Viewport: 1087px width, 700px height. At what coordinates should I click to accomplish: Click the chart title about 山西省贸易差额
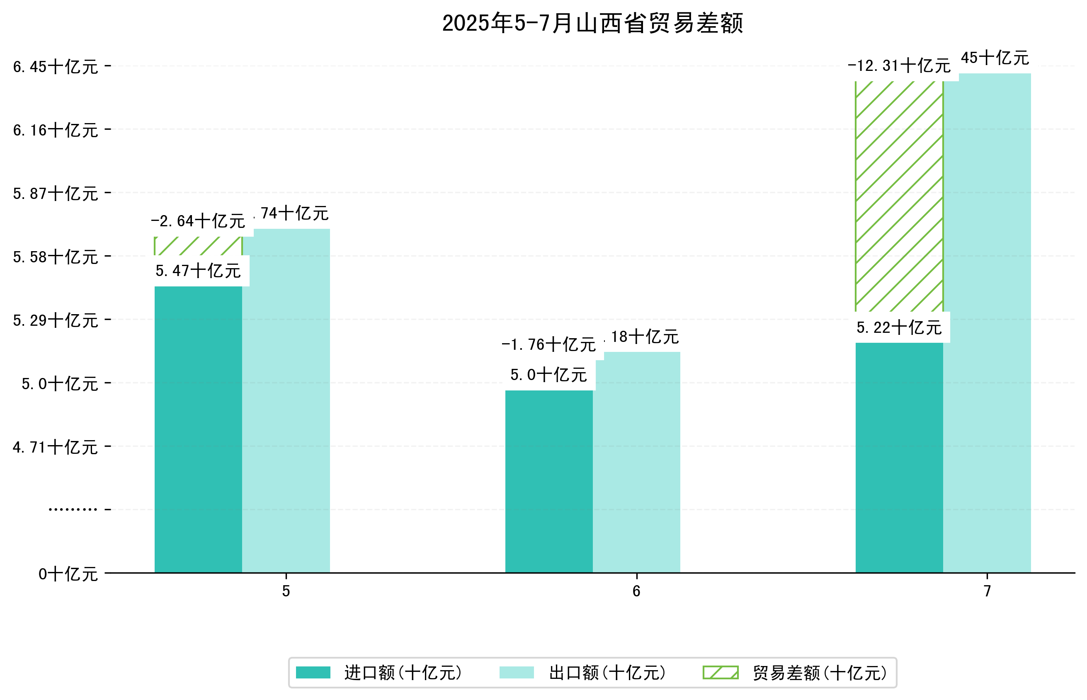[x=592, y=23]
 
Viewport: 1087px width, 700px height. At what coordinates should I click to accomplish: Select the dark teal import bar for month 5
[x=198, y=429]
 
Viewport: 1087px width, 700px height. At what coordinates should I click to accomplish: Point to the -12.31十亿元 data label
[x=899, y=66]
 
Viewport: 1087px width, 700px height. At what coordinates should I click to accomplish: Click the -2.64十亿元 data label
[x=198, y=221]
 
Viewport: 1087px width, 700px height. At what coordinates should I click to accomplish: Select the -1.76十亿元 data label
[x=548, y=345]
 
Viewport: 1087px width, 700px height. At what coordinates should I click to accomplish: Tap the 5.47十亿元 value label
[x=198, y=271]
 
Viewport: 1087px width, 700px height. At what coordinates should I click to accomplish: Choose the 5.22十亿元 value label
[x=899, y=328]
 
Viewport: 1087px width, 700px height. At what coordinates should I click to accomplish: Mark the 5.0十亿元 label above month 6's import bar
[x=548, y=375]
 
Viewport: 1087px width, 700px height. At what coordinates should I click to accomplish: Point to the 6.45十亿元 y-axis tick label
[x=56, y=67]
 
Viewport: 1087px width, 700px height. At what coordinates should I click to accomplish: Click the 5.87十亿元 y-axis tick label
[x=56, y=194]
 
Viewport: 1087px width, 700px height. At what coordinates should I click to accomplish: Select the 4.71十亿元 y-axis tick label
[x=56, y=447]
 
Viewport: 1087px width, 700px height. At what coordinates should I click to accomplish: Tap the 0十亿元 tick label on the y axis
[x=68, y=574]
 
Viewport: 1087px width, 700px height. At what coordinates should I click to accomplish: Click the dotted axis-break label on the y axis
[x=73, y=509]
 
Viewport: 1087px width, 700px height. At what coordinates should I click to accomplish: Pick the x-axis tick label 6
[x=636, y=591]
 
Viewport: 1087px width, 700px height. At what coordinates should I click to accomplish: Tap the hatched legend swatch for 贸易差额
[x=720, y=673]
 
